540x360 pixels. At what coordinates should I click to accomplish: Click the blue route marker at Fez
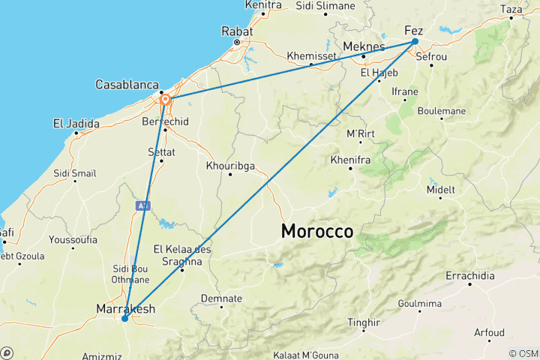pos(415,42)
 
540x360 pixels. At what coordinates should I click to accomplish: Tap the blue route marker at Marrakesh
pos(124,319)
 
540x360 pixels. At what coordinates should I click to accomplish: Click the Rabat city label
pos(236,31)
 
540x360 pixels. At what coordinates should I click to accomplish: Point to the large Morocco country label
pos(317,232)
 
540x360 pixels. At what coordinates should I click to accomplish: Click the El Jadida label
pos(76,123)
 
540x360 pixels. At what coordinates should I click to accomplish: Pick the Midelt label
pos(440,190)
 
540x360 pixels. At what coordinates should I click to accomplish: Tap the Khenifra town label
pos(351,160)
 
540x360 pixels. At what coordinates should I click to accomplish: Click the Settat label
pos(161,151)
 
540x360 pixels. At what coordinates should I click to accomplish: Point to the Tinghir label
pos(364,322)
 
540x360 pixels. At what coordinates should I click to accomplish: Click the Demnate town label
pos(221,298)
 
